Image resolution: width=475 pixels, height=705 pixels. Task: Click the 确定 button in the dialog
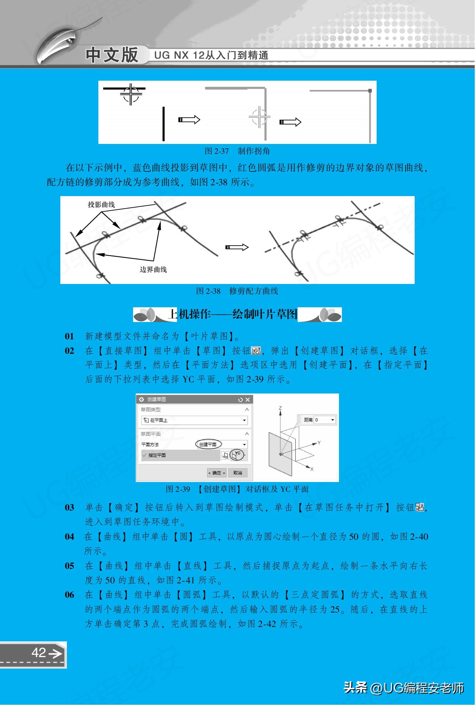pos(216,473)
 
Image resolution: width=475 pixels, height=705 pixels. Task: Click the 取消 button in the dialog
pos(238,473)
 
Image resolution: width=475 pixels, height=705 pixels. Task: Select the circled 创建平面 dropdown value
pos(208,445)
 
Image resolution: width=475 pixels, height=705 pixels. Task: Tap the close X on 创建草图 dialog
pos(247,399)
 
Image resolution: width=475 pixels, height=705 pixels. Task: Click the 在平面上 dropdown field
pos(194,420)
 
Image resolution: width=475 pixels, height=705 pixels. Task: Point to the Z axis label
pos(280,408)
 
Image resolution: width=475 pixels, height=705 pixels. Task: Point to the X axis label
pos(312,469)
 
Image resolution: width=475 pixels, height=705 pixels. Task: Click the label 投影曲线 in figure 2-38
pos(101,205)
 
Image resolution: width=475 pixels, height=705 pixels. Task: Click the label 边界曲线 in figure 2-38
pos(153,270)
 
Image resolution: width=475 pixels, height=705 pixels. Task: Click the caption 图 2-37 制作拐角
pos(237,151)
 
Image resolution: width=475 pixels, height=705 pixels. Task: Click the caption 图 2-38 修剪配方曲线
pos(237,291)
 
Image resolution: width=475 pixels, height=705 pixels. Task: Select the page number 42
pos(39,653)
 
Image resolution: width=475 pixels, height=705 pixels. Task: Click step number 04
pos(69,537)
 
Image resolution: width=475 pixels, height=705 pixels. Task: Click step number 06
pos(69,595)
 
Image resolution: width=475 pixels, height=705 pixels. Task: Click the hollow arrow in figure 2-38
pos(237,247)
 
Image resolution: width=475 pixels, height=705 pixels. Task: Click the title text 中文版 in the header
pos(112,54)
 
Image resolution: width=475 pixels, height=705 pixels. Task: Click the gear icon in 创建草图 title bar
pos(142,399)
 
